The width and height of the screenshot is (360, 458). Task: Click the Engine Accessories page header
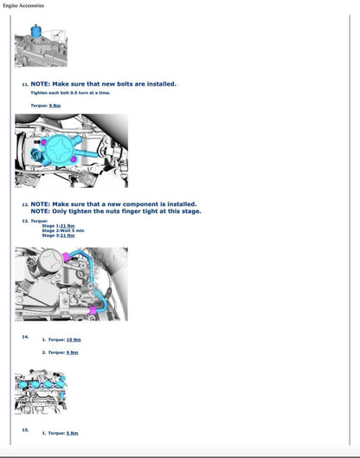click(x=29, y=6)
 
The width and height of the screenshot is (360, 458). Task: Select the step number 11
click(x=25, y=85)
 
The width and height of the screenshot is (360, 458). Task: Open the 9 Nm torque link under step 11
click(x=55, y=105)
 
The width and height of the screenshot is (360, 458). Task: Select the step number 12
click(x=25, y=205)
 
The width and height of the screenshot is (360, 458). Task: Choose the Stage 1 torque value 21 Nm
click(x=67, y=226)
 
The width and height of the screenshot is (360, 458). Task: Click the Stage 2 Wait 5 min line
click(x=63, y=230)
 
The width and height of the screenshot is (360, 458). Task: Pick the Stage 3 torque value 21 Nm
click(x=67, y=235)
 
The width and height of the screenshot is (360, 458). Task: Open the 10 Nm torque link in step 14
click(x=74, y=340)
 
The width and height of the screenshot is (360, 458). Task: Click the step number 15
click(x=25, y=429)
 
